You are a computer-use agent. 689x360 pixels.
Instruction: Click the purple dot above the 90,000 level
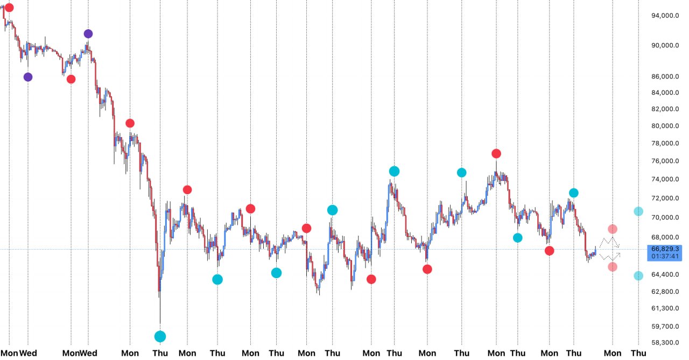tap(88, 34)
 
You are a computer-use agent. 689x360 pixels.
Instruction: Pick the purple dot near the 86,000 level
tap(28, 77)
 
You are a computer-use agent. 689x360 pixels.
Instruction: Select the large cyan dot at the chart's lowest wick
tap(160, 336)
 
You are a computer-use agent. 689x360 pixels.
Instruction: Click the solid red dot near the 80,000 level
tap(130, 123)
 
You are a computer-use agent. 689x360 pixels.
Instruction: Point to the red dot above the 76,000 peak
tap(496, 153)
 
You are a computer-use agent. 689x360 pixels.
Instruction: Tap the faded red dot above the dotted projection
tap(613, 229)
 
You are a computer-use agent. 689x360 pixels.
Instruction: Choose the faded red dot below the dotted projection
tap(613, 267)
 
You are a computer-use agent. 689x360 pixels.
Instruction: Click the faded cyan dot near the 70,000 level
tap(638, 211)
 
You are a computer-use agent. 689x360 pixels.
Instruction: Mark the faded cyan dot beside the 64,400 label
tap(638, 276)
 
